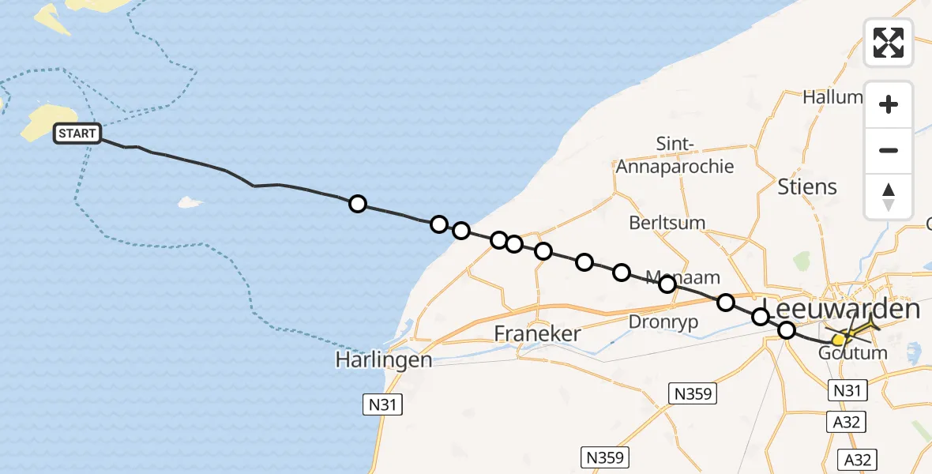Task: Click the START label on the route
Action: [77, 134]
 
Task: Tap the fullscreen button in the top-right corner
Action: [889, 43]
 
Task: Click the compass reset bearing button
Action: [889, 197]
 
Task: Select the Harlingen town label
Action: [384, 360]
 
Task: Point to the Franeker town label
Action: [537, 333]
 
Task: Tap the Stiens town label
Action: [807, 187]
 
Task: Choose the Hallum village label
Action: [832, 97]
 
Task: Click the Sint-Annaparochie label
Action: [675, 156]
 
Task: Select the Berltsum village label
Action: [667, 223]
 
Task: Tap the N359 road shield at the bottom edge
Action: [605, 457]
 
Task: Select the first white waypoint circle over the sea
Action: [358, 204]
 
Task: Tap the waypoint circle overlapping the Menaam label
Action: [667, 284]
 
